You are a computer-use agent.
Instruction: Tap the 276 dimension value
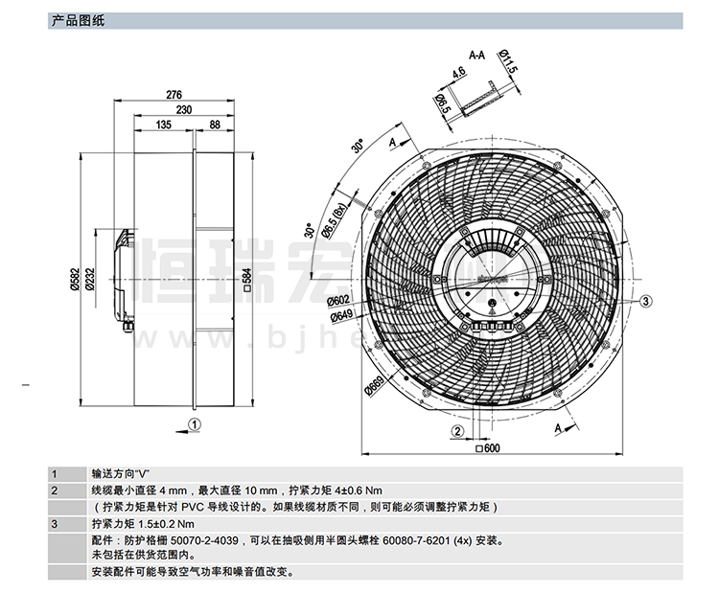[x=174, y=95]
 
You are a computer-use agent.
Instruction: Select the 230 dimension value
[x=183, y=110]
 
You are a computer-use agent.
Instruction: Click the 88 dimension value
[x=214, y=125]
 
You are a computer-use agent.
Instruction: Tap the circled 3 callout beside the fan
[x=646, y=301]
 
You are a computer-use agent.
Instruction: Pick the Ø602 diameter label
[x=342, y=301]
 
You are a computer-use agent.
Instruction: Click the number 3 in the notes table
[x=55, y=524]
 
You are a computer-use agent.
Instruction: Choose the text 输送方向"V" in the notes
[x=122, y=473]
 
